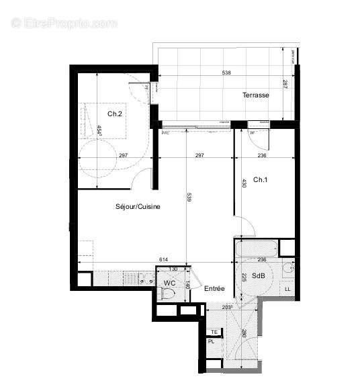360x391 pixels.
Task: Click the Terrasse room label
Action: point(256,95)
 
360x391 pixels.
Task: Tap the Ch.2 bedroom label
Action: point(115,114)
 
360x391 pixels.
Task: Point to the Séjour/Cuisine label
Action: point(138,208)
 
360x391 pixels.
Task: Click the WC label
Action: point(169,283)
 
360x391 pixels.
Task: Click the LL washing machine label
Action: point(288,289)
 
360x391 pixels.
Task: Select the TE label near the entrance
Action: point(214,332)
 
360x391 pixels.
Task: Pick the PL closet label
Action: point(211,341)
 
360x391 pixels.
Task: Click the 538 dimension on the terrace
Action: point(229,73)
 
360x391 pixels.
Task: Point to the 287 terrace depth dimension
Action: point(284,85)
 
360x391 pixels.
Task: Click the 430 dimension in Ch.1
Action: point(244,182)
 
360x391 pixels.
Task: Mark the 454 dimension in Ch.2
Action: point(99,130)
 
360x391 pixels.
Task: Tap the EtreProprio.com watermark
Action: point(64,23)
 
